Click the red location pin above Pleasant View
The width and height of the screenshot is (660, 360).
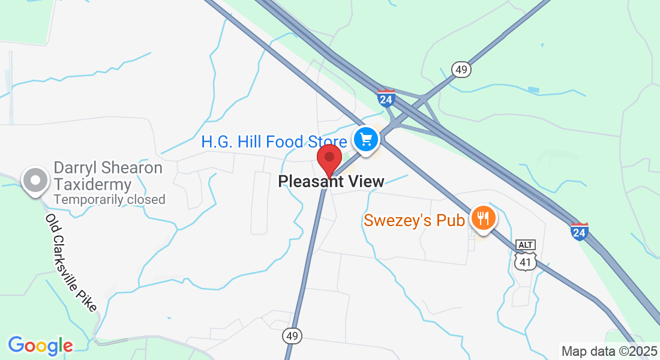(x=329, y=159)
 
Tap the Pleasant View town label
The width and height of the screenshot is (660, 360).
(x=331, y=181)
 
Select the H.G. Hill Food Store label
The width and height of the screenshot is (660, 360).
(x=274, y=142)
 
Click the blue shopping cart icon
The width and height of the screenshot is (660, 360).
(x=365, y=140)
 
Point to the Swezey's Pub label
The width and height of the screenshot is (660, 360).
(x=414, y=221)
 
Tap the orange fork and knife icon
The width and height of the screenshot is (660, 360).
(x=482, y=217)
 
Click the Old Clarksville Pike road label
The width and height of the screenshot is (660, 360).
(x=71, y=262)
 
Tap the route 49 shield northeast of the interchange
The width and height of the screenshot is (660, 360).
(x=461, y=70)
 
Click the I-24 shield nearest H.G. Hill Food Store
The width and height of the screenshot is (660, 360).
(x=386, y=98)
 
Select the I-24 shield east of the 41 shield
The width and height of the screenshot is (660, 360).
(x=579, y=231)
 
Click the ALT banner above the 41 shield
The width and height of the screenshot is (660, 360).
(x=525, y=245)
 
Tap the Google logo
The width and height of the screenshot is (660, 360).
(x=40, y=346)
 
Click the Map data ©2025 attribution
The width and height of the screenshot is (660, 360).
(x=609, y=352)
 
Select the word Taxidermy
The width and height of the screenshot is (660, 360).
(x=92, y=184)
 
